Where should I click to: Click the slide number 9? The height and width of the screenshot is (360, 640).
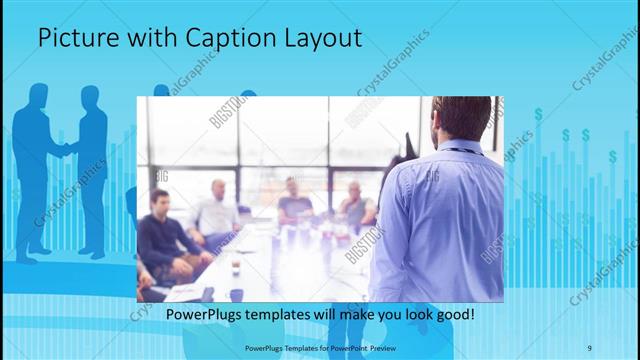pos(589,348)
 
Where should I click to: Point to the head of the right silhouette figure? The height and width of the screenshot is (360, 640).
pos(90,97)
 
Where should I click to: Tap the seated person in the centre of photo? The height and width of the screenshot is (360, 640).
pos(293,200)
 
